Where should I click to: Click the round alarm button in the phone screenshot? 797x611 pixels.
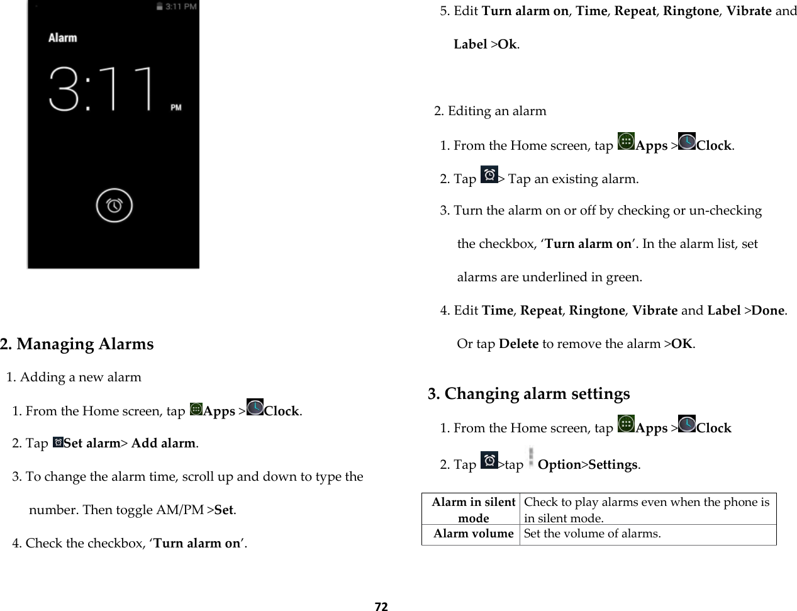tap(114, 205)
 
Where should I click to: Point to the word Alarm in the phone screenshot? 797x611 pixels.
tap(63, 38)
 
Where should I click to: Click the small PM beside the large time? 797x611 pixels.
tap(176, 108)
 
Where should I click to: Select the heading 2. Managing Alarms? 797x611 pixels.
tap(77, 344)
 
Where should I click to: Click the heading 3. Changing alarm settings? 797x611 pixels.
tap(528, 394)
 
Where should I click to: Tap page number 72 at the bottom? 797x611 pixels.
tap(381, 606)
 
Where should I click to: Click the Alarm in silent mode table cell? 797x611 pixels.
tap(472, 510)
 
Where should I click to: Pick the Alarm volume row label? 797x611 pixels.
tap(473, 534)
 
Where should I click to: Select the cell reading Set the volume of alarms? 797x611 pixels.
tap(592, 534)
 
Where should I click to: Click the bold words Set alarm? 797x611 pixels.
tap(92, 443)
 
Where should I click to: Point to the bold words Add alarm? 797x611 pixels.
tap(163, 443)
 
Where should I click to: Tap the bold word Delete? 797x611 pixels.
tap(518, 344)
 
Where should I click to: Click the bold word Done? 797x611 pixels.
tap(768, 310)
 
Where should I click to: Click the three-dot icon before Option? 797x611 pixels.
tap(532, 459)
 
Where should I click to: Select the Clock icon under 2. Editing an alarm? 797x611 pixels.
tap(687, 142)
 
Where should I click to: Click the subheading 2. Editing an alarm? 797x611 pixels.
tap(491, 111)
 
